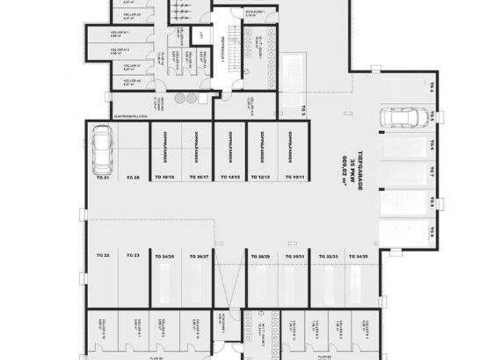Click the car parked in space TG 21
[x=103, y=151]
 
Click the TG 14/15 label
[x=230, y=176]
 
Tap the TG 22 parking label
[x=103, y=255]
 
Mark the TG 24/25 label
[x=165, y=256]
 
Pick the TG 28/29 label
[x=261, y=256]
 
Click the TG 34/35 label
[x=357, y=256]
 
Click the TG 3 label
[x=302, y=111]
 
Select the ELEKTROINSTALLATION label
[x=131, y=116]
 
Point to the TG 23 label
[x=134, y=255]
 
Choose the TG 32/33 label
[x=325, y=256]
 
